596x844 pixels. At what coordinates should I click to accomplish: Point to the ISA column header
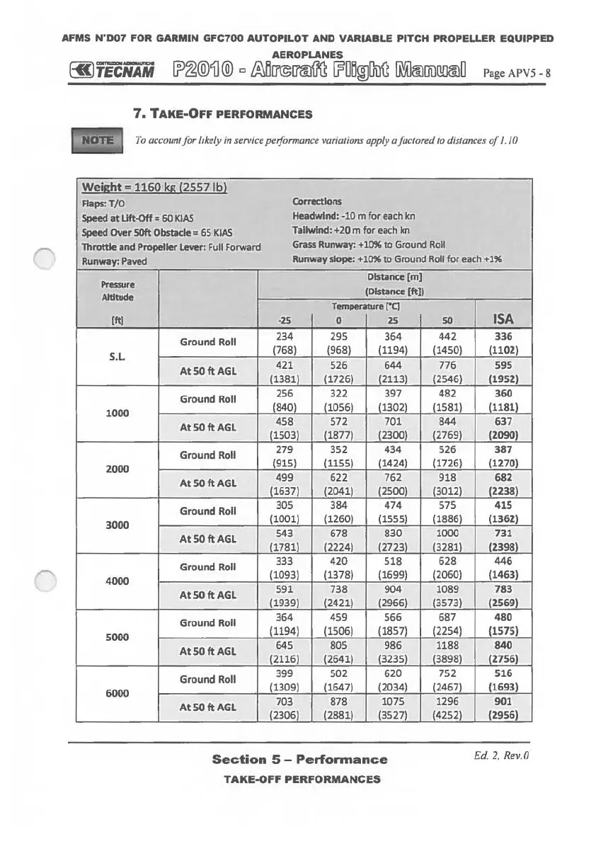(505, 318)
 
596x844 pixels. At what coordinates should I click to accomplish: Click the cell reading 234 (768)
(283, 343)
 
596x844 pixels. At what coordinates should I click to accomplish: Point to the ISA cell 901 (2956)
(505, 707)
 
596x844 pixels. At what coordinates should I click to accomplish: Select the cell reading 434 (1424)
(394, 455)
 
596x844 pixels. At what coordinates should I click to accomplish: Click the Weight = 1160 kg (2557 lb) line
(155, 188)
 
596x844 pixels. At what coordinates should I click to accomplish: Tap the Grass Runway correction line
(368, 244)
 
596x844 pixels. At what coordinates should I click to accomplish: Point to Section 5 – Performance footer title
(299, 759)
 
